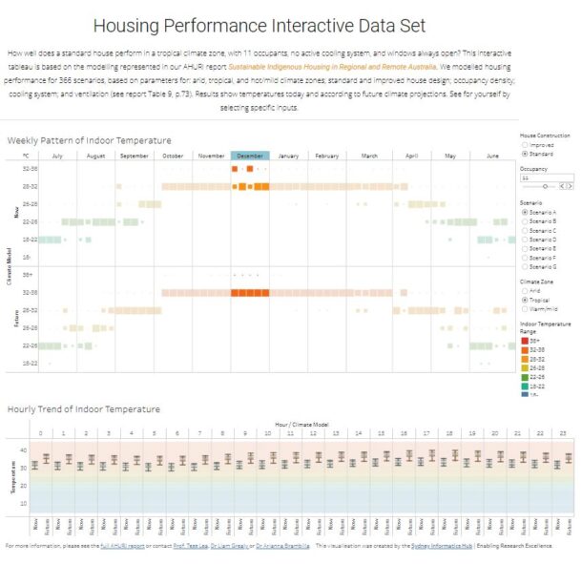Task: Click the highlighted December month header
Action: point(250,156)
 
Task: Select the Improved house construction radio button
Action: point(524,145)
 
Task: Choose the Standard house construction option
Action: point(524,153)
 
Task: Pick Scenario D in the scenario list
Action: point(524,239)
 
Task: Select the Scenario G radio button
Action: point(524,264)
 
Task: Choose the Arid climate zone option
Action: point(524,290)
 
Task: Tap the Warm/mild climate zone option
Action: point(524,307)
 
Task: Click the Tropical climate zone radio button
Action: point(524,299)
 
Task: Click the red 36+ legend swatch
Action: point(524,340)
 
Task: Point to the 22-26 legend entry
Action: point(524,375)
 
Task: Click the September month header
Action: point(135,156)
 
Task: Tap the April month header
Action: point(411,156)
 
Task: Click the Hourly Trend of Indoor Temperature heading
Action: point(84,409)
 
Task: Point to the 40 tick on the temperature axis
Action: point(22,449)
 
